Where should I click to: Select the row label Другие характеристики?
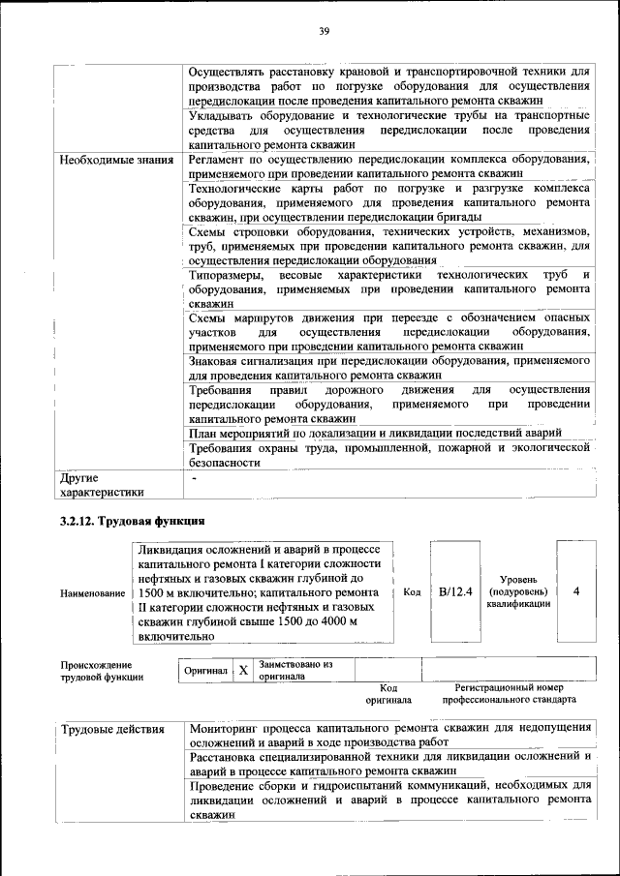pos(101,485)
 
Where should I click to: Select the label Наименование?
pos(92,592)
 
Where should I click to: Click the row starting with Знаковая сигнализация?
pos(389,366)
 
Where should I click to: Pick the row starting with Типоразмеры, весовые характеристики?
pos(389,289)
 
